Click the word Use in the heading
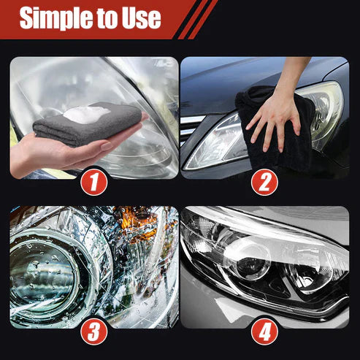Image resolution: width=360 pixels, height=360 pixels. (x=140, y=18)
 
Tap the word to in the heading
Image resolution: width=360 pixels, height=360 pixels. (x=106, y=18)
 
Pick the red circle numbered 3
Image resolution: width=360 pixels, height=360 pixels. (x=93, y=330)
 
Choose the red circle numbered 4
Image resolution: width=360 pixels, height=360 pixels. (x=265, y=330)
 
